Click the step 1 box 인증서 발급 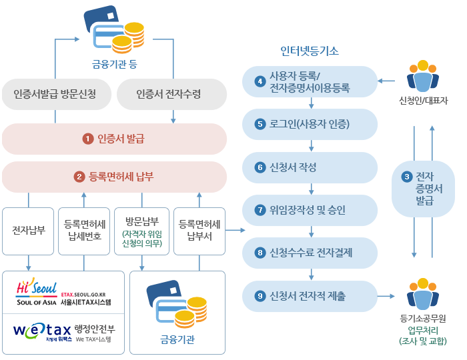click(115, 139)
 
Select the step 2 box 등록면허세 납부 click(115, 177)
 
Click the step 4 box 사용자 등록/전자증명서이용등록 click(310, 81)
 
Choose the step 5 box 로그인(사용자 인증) click(310, 124)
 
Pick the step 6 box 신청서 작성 click(310, 167)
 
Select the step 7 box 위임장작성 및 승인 click(310, 209)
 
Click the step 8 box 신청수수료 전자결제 click(310, 252)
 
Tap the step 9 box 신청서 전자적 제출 click(310, 295)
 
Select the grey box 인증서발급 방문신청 click(55, 94)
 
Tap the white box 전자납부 click(29, 231)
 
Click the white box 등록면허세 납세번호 click(83, 231)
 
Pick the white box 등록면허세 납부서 click(199, 231)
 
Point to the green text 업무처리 click(424, 330)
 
